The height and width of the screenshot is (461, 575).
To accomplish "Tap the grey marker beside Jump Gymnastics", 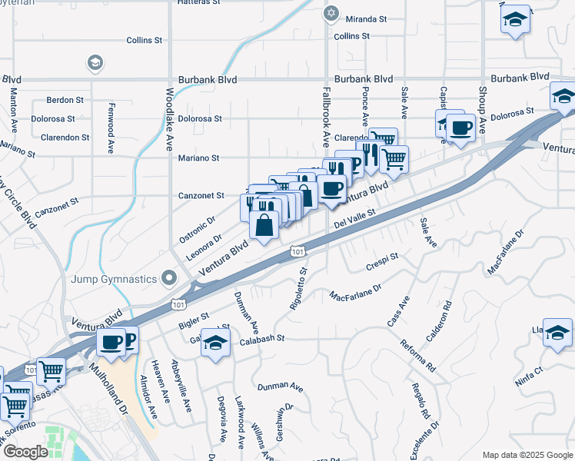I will pyautogui.click(x=170, y=278).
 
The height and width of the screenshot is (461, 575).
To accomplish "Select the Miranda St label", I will pyautogui.click(x=365, y=18).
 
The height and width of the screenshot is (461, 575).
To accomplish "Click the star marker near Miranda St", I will pyautogui.click(x=332, y=13).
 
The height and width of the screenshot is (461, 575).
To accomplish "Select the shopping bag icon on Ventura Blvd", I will pyautogui.click(x=264, y=226).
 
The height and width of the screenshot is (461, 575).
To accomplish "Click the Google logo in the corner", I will pyautogui.click(x=25, y=453).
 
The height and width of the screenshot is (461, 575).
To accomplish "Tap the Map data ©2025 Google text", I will pyautogui.click(x=527, y=455).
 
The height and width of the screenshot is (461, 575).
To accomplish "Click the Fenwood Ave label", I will pyautogui.click(x=112, y=118).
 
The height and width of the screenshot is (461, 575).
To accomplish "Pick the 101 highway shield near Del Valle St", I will pyautogui.click(x=298, y=250).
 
